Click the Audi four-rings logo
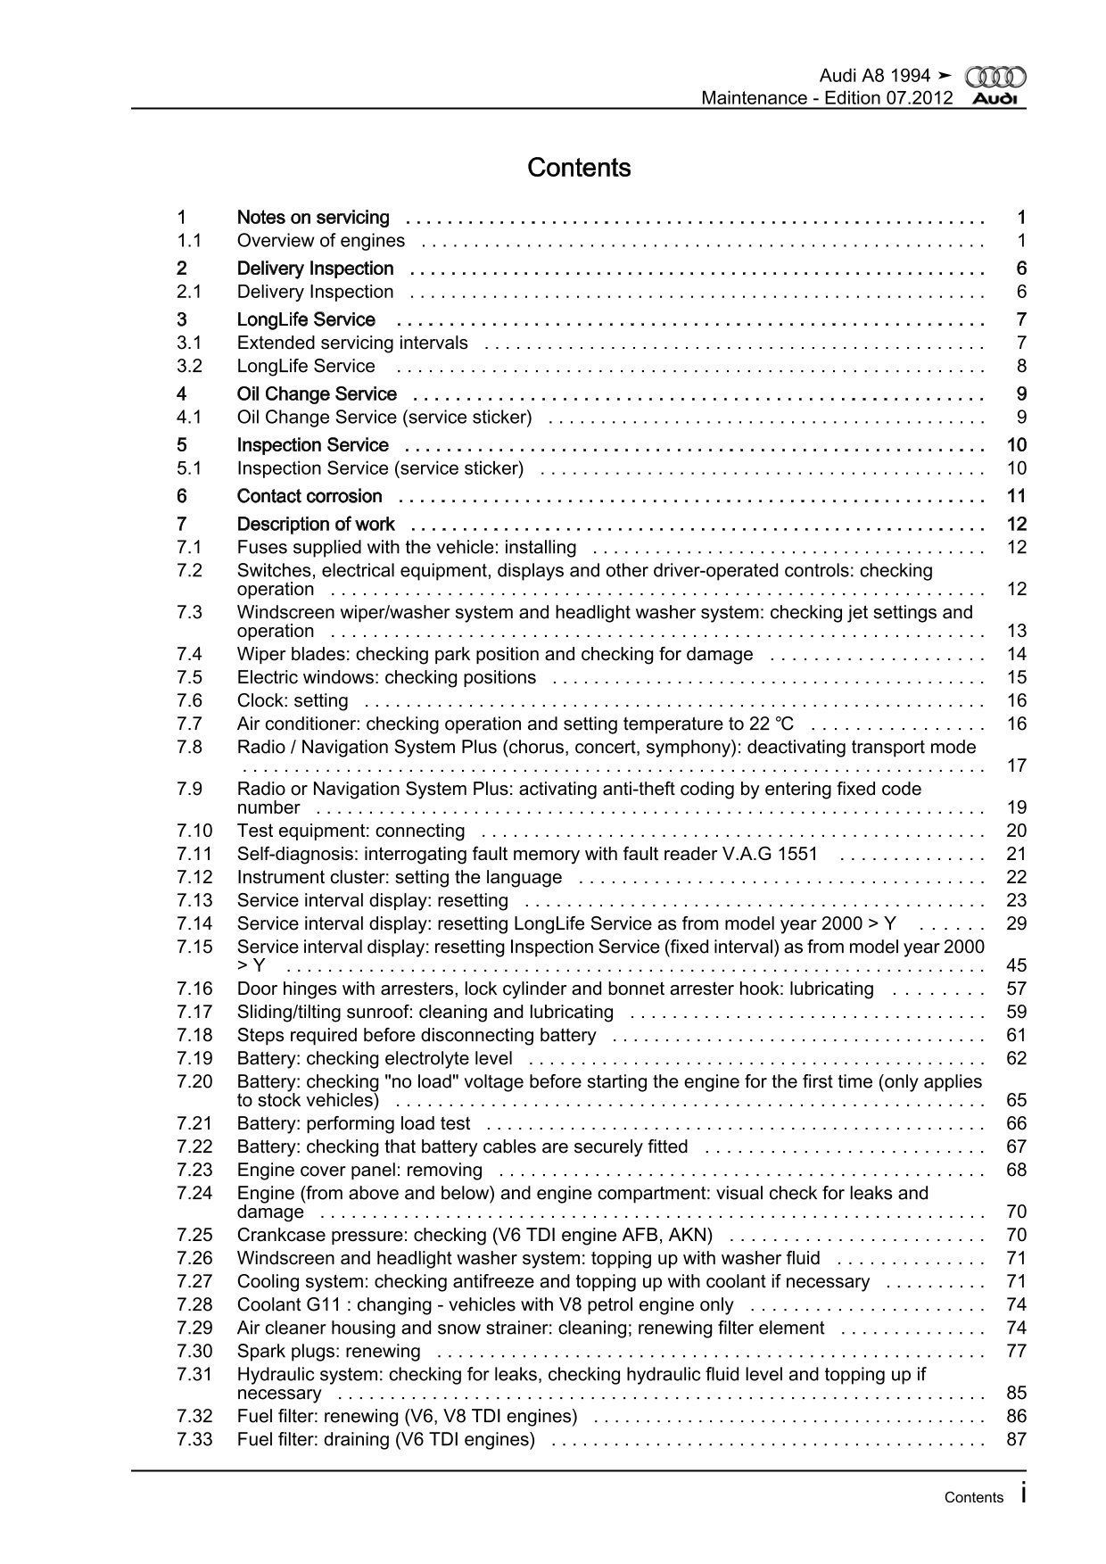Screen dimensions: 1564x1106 click(995, 78)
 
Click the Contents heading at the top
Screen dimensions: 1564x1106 click(579, 168)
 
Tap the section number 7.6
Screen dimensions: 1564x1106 click(189, 700)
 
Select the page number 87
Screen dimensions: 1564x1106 click(1016, 1439)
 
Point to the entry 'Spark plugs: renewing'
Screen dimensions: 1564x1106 click(328, 1351)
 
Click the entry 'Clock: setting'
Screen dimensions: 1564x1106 click(293, 700)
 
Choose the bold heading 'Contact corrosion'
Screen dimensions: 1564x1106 click(309, 496)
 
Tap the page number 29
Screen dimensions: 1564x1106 click(1016, 923)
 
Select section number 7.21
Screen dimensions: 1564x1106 click(194, 1123)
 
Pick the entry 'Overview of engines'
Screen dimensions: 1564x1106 click(320, 240)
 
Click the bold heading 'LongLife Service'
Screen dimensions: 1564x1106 click(306, 319)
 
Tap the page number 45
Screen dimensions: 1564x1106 click(1016, 965)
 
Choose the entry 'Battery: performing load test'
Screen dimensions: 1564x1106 click(353, 1123)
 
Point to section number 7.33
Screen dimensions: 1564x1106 click(194, 1439)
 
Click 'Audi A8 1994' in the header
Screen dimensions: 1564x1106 click(874, 76)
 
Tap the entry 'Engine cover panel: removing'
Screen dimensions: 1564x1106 click(359, 1170)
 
